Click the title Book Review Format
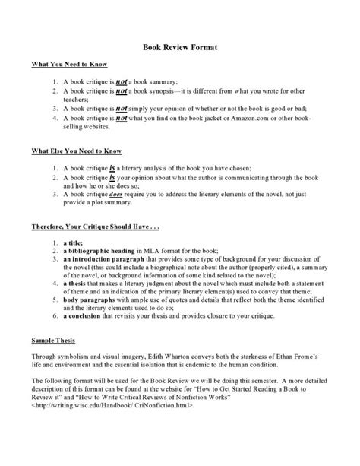(180, 47)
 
